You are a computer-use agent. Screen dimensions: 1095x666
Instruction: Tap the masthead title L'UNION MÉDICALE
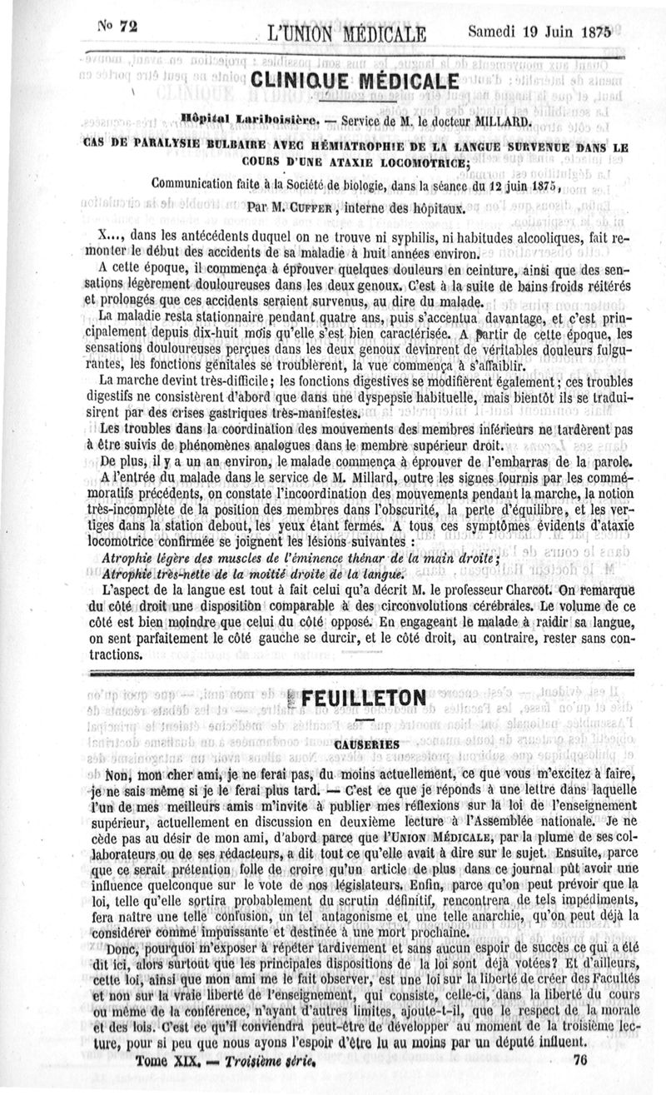[346, 34]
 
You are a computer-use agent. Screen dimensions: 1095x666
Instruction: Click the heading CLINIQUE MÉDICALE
[355, 82]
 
